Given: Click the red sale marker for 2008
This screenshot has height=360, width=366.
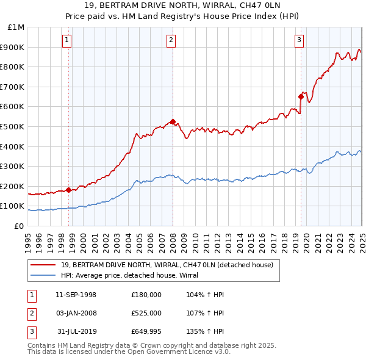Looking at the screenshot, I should [173, 121].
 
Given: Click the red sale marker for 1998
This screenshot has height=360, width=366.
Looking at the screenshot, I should [68, 190].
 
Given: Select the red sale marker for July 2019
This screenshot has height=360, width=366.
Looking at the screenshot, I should [301, 96].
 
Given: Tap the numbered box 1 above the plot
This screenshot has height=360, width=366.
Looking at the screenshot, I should [66, 41].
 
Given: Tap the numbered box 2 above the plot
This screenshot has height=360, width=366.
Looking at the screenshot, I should [171, 41].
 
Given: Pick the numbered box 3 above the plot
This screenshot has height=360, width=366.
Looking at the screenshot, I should [300, 41].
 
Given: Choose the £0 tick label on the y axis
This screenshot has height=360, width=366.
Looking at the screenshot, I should [19, 226].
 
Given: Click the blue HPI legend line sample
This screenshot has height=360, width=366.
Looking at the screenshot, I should [43, 275].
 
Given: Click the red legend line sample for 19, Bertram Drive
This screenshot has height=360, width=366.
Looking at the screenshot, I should [43, 265].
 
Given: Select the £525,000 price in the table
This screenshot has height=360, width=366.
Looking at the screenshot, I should [146, 313].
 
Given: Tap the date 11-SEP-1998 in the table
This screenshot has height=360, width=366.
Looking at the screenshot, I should [76, 295].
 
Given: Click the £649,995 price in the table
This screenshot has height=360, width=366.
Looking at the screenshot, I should [146, 331].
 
